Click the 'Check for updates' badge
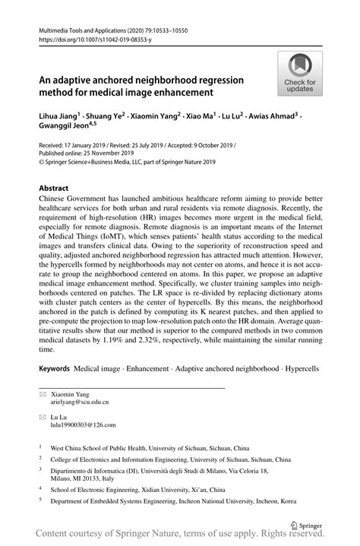pyautogui.click(x=301, y=74)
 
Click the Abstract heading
pyautogui.click(x=53, y=187)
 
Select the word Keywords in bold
pyautogui.click(x=54, y=368)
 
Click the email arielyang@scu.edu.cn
pyautogui.click(x=80, y=402)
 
